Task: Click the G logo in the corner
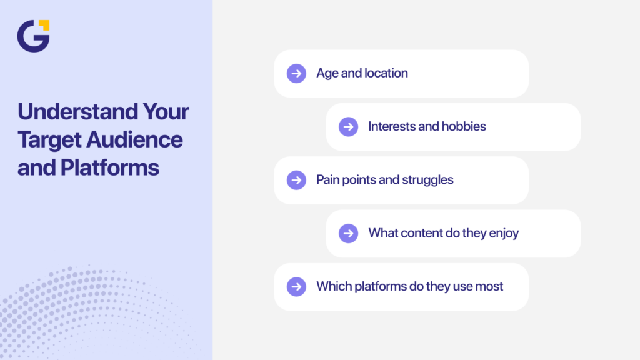[x=32, y=36]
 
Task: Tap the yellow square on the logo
[x=44, y=25]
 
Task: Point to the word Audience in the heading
[x=136, y=139]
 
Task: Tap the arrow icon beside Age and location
[x=296, y=73]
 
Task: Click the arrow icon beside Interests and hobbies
[x=348, y=127]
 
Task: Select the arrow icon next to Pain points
[x=296, y=180]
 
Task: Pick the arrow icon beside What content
[x=348, y=233]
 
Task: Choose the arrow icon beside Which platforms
[x=296, y=287]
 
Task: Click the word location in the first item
[x=386, y=73]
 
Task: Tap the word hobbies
[x=464, y=126]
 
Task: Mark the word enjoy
[x=503, y=234]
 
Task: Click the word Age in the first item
[x=327, y=74]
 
